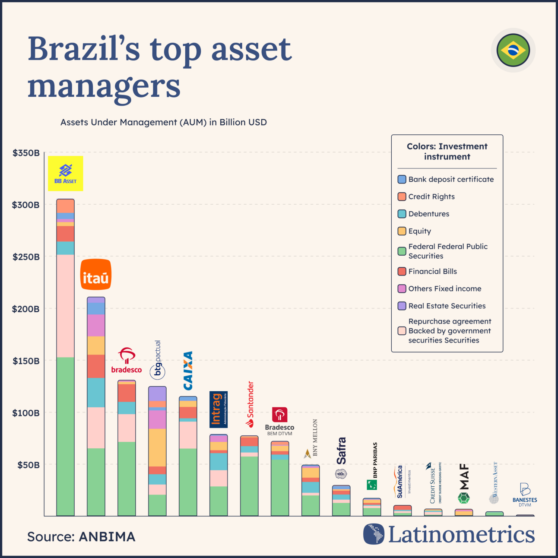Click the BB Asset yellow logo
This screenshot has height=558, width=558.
click(x=65, y=173)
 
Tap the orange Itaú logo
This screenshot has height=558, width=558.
click(x=96, y=275)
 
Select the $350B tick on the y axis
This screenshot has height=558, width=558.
click(x=26, y=153)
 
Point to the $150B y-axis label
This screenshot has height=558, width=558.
click(x=26, y=361)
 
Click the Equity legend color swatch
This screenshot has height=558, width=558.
click(x=402, y=231)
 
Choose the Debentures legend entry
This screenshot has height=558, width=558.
click(x=428, y=214)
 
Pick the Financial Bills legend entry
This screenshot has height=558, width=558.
click(x=432, y=271)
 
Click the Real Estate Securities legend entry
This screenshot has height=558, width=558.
click(x=447, y=306)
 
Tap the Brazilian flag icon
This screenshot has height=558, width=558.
click(x=513, y=50)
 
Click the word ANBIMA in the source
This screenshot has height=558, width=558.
click(x=107, y=537)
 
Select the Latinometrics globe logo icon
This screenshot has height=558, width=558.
click(x=374, y=534)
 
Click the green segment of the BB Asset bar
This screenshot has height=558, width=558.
click(x=65, y=436)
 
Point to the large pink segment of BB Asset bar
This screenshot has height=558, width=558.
click(x=65, y=306)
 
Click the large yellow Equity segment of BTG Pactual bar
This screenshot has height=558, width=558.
click(x=157, y=447)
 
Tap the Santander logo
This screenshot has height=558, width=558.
click(x=250, y=405)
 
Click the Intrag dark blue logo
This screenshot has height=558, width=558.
click(x=218, y=409)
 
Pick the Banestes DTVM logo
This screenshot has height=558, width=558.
click(x=525, y=495)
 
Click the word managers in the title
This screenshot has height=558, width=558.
click(x=104, y=86)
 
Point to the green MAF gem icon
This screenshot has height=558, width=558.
click(x=464, y=498)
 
